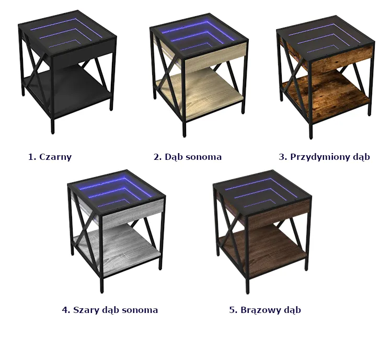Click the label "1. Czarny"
click(x=50, y=157)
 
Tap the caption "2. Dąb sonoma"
click(x=188, y=157)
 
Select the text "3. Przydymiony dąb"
click(x=324, y=157)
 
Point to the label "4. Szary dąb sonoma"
click(x=110, y=310)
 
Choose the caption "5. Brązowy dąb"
click(x=265, y=310)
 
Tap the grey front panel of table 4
click(x=133, y=213)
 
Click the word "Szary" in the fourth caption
click(x=84, y=310)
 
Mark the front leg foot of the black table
click(x=52, y=131)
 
